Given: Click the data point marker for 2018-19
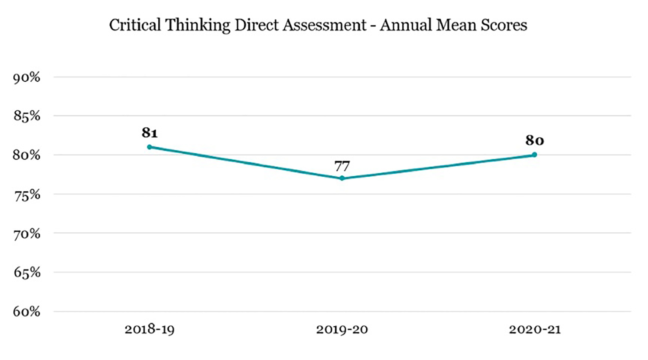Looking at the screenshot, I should [150, 147].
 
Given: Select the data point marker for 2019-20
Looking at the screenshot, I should [342, 178].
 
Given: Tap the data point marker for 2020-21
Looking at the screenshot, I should [534, 155].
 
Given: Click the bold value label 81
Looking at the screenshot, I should [150, 133].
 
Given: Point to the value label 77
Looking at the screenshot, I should [342, 166].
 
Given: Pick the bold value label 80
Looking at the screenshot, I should [534, 140].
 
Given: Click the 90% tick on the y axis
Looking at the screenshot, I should [26, 78].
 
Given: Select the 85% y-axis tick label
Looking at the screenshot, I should [26, 116].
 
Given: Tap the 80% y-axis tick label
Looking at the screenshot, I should [26, 155].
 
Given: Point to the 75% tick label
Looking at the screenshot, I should [26, 195].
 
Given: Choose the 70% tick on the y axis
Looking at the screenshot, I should [26, 234].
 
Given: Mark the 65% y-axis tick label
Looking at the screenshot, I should [26, 273].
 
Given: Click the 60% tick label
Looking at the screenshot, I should [26, 312].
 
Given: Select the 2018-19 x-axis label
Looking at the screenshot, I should [150, 330].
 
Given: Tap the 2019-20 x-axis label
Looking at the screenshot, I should [342, 330].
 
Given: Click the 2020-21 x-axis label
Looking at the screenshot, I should [534, 330].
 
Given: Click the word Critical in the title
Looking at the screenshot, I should [135, 25].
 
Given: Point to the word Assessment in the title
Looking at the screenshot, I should [324, 25].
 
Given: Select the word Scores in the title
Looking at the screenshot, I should [504, 25].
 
